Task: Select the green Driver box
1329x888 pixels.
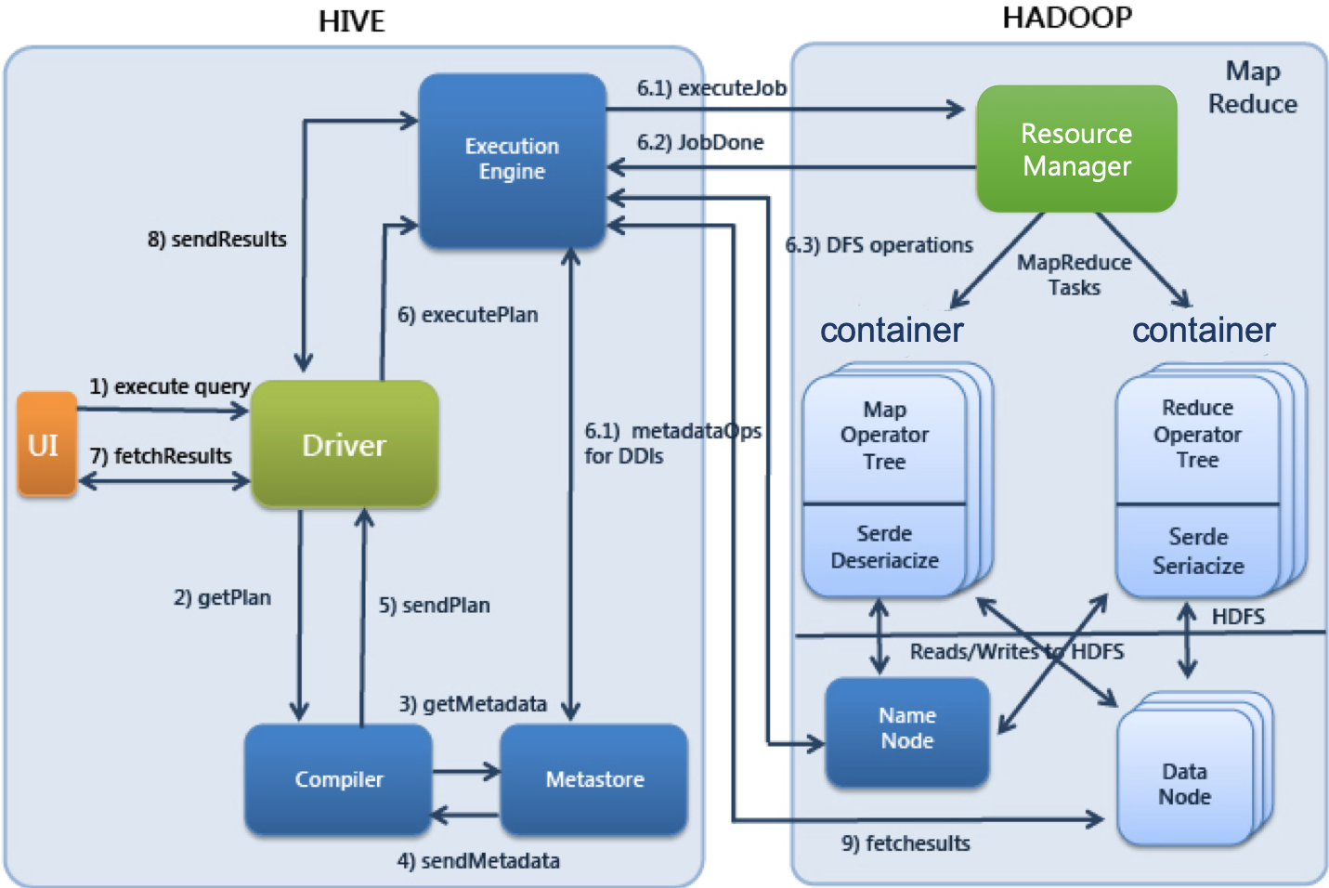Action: tap(344, 445)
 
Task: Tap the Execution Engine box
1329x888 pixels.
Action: tap(512, 159)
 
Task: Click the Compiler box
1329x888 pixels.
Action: tap(338, 779)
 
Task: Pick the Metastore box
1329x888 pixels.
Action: tap(594, 779)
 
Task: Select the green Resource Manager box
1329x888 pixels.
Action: tap(1076, 150)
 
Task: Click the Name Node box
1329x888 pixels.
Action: tap(907, 729)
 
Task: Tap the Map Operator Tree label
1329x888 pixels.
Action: tap(884, 436)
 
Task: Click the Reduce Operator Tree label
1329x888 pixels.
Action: tap(1197, 434)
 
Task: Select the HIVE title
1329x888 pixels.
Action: tap(351, 21)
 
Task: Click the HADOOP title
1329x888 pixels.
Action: tap(1067, 18)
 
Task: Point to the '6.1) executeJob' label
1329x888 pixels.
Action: tap(711, 88)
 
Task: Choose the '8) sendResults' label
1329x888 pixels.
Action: tap(217, 240)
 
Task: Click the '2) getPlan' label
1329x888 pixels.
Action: tap(222, 597)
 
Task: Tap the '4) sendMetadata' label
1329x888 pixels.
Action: tap(478, 861)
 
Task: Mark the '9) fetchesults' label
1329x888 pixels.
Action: tap(906, 843)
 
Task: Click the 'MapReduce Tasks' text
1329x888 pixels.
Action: tap(1075, 275)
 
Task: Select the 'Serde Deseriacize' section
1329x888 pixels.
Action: tap(884, 547)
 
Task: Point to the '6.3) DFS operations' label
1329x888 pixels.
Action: tap(879, 245)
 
